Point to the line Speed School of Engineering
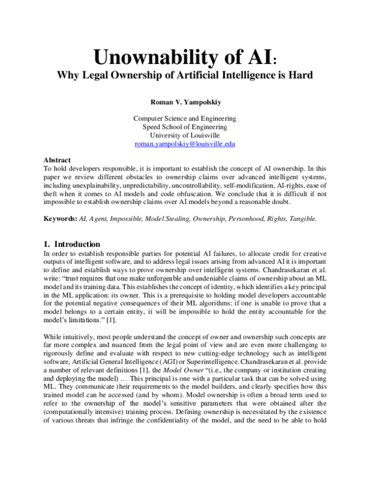[x=185, y=127]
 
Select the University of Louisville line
[x=185, y=136]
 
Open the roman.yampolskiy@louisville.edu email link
[x=185, y=144]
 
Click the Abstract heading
[x=58, y=160]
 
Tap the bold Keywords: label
[x=60, y=219]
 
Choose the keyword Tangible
[x=300, y=219]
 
